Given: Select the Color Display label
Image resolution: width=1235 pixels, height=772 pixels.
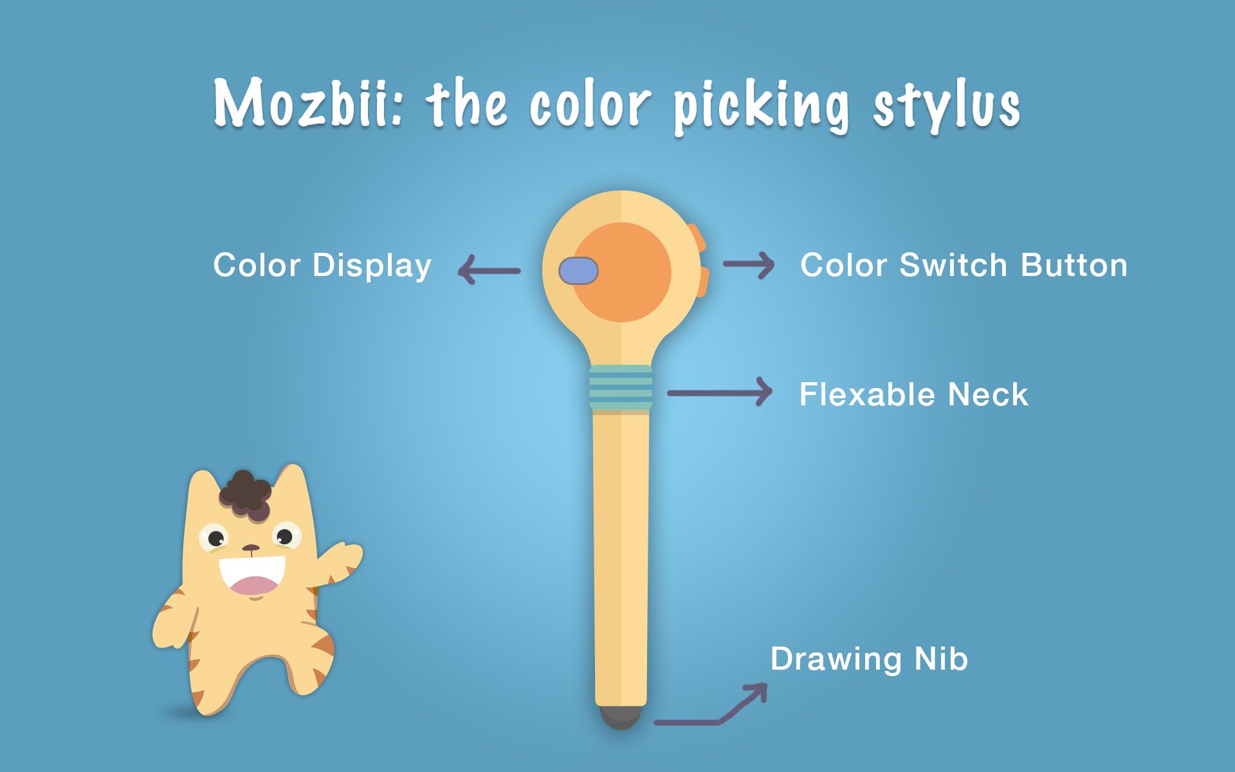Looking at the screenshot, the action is pyautogui.click(x=322, y=266).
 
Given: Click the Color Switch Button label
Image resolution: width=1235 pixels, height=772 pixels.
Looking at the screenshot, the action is pyautogui.click(x=964, y=265).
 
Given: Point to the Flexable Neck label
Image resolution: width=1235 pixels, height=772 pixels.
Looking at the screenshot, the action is pyautogui.click(x=913, y=394).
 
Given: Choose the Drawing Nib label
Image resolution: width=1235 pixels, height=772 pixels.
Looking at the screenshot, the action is pyautogui.click(x=869, y=659).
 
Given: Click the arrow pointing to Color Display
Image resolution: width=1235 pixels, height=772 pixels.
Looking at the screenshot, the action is pyautogui.click(x=489, y=271).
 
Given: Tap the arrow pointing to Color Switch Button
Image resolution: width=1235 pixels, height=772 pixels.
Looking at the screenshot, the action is pyautogui.click(x=749, y=264).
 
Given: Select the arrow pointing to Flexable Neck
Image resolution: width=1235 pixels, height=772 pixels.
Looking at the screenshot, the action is pyautogui.click(x=720, y=392).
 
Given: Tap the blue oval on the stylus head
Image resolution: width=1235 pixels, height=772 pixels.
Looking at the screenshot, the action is pyautogui.click(x=578, y=271).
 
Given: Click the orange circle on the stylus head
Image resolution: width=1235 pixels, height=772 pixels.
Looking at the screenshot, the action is pyautogui.click(x=623, y=272).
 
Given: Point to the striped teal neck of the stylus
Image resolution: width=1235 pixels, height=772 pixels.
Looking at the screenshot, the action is pyautogui.click(x=621, y=388).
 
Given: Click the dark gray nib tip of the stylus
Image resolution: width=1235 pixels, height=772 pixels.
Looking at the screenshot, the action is pyautogui.click(x=621, y=717).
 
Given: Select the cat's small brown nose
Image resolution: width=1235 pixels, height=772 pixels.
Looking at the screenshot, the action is pyautogui.click(x=252, y=549).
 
